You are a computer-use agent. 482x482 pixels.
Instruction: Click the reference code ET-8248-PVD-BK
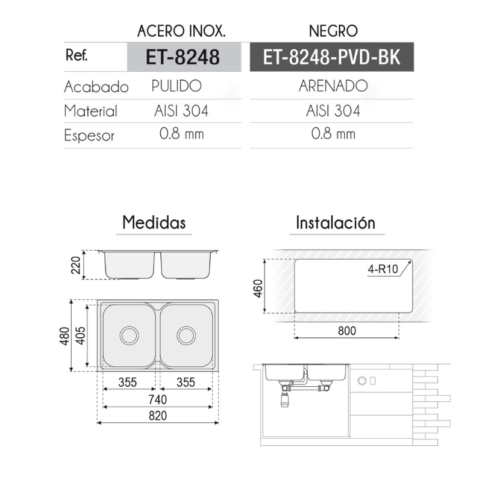coord(331,57)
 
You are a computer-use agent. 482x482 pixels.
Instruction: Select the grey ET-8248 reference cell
coord(183,57)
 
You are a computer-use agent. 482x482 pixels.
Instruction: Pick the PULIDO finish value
coord(176,86)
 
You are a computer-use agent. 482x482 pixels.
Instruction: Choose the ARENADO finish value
coord(333,86)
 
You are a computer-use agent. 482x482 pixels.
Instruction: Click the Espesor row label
coord(89,136)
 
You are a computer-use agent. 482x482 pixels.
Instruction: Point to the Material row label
coord(90,111)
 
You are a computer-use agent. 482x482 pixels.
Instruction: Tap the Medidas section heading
coord(154,222)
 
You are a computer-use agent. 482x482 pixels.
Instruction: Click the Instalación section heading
coord(336,223)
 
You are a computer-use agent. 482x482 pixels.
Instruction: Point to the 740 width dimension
coord(157,399)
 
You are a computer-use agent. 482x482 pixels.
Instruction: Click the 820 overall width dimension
coord(157,416)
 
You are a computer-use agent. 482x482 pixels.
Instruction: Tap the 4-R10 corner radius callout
coord(383,270)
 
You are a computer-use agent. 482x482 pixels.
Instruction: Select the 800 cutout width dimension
coord(346,331)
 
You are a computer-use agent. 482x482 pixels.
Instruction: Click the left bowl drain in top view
coord(129,335)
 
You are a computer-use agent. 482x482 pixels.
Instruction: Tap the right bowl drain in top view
coord(186,335)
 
